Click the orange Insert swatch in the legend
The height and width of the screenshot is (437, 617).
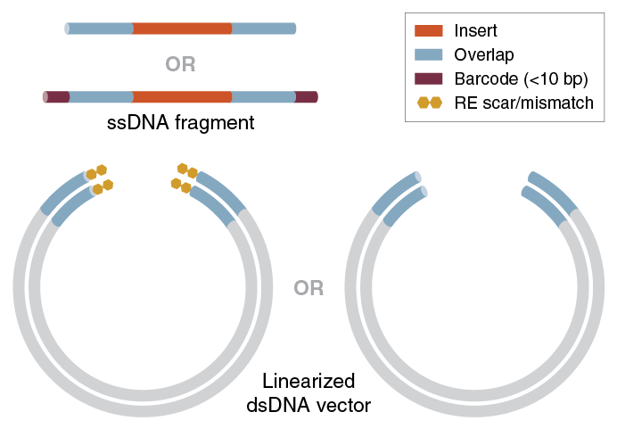(430, 31)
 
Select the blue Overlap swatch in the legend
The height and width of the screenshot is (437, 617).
(430, 55)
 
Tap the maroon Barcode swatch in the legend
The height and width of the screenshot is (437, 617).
(430, 79)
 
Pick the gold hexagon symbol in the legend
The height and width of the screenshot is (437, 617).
(430, 103)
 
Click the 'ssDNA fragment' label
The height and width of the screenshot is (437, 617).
(180, 122)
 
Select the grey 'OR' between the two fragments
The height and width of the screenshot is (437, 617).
(180, 64)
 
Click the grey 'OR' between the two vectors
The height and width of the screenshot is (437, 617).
(308, 288)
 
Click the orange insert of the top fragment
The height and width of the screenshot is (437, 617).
(182, 29)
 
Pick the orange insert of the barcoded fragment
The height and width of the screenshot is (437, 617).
(182, 96)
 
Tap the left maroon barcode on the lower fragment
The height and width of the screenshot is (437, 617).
(57, 96)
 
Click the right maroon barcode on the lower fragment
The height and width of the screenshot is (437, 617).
(306, 96)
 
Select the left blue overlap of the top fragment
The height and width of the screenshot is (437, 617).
(100, 29)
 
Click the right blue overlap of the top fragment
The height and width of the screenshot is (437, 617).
(264, 29)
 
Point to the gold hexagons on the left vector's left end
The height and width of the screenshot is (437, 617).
(99, 179)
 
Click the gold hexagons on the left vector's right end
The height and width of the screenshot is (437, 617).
(185, 177)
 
